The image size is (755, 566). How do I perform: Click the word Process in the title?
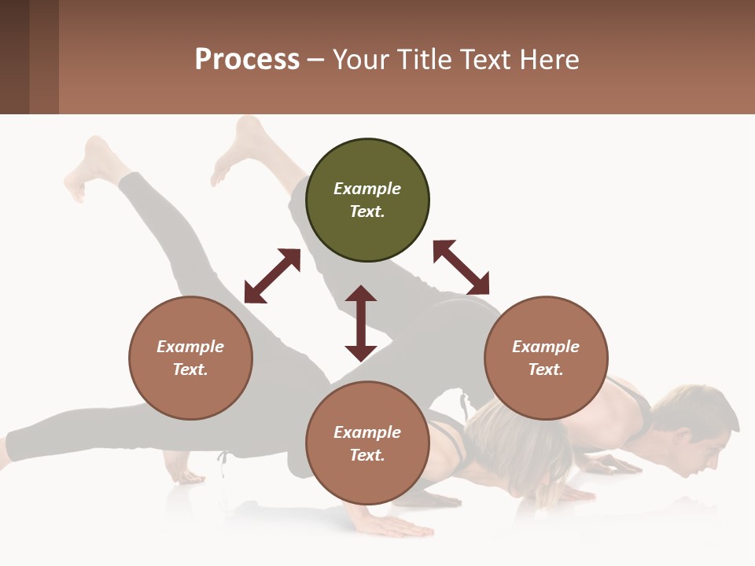click(x=247, y=60)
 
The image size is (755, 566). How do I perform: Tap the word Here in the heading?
click(x=548, y=60)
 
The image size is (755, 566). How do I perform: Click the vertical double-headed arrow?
click(x=361, y=324)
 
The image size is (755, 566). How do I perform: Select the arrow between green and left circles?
click(x=272, y=276)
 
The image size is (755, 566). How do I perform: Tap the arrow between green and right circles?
click(x=461, y=267)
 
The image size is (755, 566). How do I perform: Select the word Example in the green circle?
click(x=367, y=189)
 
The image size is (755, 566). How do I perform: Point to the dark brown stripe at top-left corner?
click(x=14, y=57)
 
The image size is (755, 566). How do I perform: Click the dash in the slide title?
click(x=316, y=60)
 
